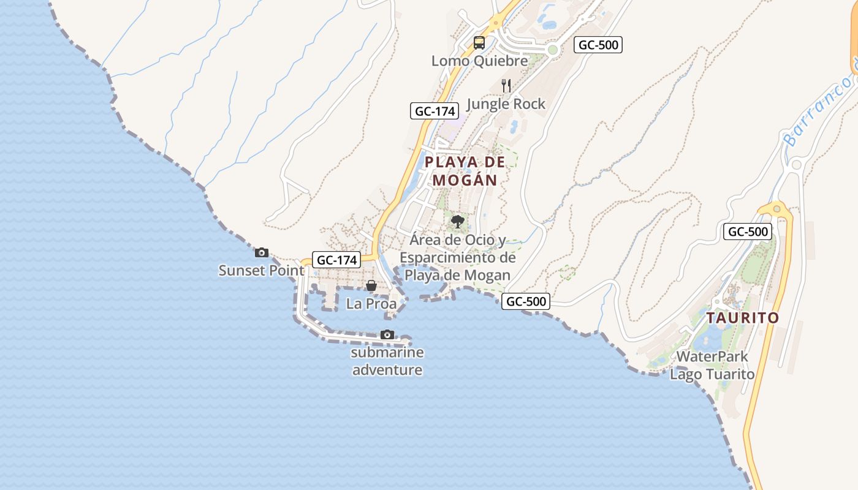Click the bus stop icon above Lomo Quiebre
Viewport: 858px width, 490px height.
pyautogui.click(x=479, y=43)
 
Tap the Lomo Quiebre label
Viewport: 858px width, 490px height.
pyautogui.click(x=479, y=61)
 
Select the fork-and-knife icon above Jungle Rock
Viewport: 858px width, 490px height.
pyautogui.click(x=506, y=85)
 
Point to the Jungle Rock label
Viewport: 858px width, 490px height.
pyautogui.click(x=506, y=104)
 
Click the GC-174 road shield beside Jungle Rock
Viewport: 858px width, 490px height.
pyautogui.click(x=435, y=111)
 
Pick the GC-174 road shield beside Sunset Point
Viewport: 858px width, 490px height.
pyautogui.click(x=336, y=260)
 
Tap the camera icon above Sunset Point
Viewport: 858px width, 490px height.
pyautogui.click(x=262, y=252)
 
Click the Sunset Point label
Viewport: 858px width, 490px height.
pyautogui.click(x=262, y=270)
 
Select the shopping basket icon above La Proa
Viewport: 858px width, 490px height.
pyautogui.click(x=371, y=285)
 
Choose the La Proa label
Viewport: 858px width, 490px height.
pyautogui.click(x=371, y=304)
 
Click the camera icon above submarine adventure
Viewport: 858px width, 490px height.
pyautogui.click(x=387, y=334)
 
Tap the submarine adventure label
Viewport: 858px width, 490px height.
pyautogui.click(x=387, y=361)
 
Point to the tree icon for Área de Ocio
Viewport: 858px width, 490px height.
pyautogui.click(x=457, y=222)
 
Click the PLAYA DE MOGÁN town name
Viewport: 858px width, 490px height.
pyautogui.click(x=465, y=171)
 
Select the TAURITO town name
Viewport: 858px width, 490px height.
pyautogui.click(x=742, y=318)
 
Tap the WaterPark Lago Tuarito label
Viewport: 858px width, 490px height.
pyautogui.click(x=712, y=365)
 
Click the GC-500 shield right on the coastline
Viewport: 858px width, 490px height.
pyautogui.click(x=526, y=301)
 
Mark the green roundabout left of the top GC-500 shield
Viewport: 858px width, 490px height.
pyautogui.click(x=553, y=50)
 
